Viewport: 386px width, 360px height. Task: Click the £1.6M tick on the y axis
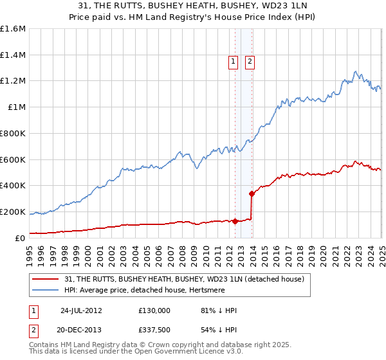13,29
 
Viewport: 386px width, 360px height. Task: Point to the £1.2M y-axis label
13,81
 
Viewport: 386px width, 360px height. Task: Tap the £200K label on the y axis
13,212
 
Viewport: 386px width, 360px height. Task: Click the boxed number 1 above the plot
232,62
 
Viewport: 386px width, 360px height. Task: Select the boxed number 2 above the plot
249,62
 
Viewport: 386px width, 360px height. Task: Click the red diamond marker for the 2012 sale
235,221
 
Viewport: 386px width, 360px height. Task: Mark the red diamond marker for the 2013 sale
252,194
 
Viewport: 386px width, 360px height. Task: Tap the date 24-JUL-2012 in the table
81,310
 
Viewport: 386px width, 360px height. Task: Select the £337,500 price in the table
154,329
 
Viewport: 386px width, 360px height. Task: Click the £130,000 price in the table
154,310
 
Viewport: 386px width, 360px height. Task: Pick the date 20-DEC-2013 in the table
81,329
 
